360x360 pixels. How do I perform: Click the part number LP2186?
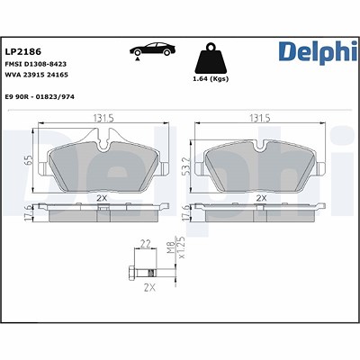23,51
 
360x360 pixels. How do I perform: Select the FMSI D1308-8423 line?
36,64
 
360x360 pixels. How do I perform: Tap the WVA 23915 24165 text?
37,75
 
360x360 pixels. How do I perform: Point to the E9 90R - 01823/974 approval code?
40,97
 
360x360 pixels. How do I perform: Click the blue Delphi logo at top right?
318,52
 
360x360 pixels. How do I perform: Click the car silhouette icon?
152,49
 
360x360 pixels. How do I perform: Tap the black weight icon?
211,58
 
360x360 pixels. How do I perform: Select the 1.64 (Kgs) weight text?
211,79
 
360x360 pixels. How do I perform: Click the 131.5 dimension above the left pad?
103,119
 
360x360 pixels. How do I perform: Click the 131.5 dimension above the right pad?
260,119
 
